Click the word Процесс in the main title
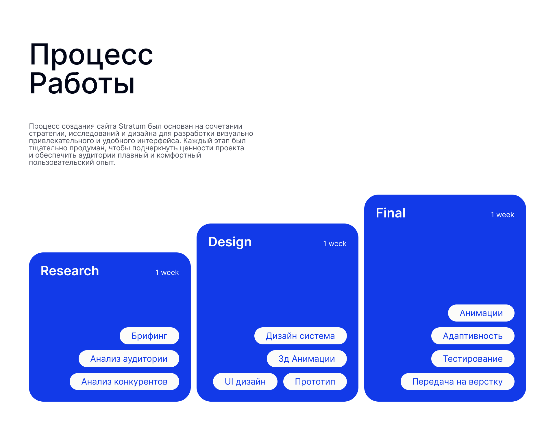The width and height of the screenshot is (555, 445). (x=91, y=55)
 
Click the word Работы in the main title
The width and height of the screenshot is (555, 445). (x=82, y=84)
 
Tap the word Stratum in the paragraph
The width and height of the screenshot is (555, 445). (x=132, y=126)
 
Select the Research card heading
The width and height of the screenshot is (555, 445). (x=70, y=271)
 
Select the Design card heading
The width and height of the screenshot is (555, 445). (x=230, y=242)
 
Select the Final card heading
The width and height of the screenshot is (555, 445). (x=391, y=213)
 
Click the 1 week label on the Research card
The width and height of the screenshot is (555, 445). (x=167, y=273)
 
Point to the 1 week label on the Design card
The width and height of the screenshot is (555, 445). (x=335, y=244)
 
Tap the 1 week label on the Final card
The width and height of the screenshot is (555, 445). (x=502, y=215)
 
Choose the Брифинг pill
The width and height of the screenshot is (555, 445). (x=149, y=336)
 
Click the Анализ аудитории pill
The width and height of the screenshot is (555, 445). (x=129, y=359)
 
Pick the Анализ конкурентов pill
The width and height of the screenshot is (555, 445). (x=124, y=382)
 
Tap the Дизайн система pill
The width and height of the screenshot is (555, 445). (x=300, y=336)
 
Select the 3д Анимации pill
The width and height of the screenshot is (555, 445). (x=307, y=359)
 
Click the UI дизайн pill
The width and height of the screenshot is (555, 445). (x=245, y=382)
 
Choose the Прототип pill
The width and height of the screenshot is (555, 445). (x=315, y=382)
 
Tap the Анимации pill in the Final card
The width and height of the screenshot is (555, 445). (x=481, y=313)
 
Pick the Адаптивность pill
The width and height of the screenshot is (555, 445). (x=473, y=336)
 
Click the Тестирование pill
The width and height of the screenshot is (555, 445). (x=473, y=359)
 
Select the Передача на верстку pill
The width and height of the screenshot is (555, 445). (x=457, y=382)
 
